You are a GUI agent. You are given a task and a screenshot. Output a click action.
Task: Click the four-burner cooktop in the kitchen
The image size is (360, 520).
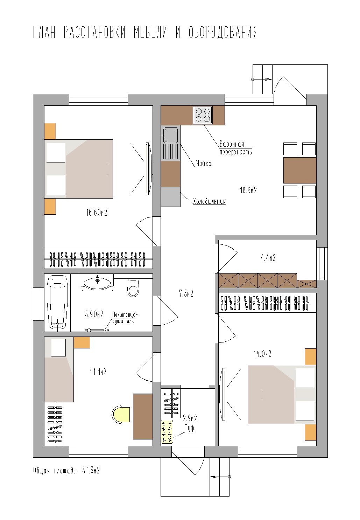pyautogui.click(x=203, y=115)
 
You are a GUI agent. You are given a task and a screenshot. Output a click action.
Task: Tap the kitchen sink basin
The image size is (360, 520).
pyautogui.click(x=170, y=135)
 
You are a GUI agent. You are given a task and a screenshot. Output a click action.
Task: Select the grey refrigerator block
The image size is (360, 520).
pyautogui.click(x=170, y=197)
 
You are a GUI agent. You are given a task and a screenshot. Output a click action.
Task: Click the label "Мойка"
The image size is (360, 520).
pyautogui.click(x=203, y=163)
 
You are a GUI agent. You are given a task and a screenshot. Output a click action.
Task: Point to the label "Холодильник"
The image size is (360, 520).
pyautogui.click(x=210, y=201)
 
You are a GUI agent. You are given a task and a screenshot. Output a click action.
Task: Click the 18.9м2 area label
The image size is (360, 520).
pyautogui.click(x=248, y=190)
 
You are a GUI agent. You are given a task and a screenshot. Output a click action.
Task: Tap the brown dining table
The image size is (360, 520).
pyautogui.click(x=300, y=171)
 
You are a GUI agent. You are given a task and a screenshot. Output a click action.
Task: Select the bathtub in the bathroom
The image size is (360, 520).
pyautogui.click(x=57, y=302)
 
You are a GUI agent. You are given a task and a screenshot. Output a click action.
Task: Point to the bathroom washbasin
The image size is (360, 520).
pyautogui.click(x=97, y=282)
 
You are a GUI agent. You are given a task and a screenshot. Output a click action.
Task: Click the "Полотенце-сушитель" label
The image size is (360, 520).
pyautogui.click(x=125, y=318)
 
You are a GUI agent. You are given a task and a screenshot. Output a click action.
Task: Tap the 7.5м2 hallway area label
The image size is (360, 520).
pyautogui.click(x=186, y=293)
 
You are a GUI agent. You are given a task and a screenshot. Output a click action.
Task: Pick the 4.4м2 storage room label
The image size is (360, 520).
pyautogui.click(x=268, y=258)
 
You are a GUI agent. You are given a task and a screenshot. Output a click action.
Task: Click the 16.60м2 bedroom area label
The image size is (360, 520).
pyautogui.click(x=97, y=212)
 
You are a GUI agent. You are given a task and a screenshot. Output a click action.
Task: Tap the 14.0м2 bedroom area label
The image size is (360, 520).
pyautogui.click(x=262, y=354)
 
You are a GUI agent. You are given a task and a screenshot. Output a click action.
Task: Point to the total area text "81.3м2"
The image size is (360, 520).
pyautogui.click(x=91, y=471)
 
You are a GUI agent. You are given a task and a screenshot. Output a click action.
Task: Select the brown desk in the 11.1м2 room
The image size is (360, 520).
pyautogui.click(x=143, y=416)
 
